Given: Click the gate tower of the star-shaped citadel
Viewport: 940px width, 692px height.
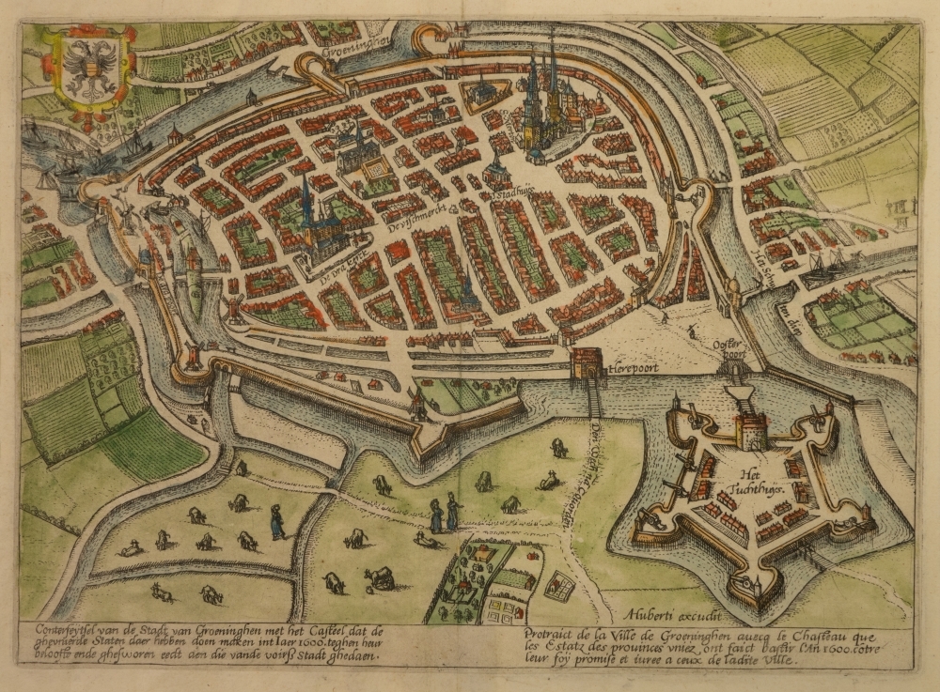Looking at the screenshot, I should click(x=751, y=431).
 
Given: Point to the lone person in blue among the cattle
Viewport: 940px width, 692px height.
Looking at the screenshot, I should click(x=277, y=521).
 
